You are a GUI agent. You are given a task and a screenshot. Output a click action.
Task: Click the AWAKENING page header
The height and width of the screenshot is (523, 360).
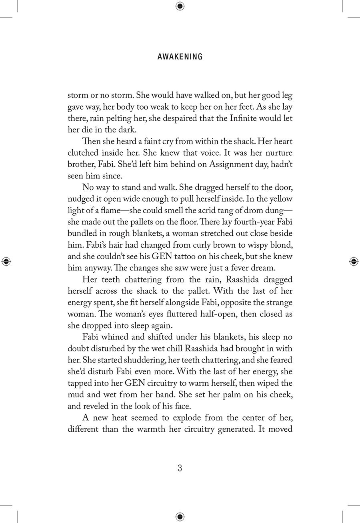tap(180, 57)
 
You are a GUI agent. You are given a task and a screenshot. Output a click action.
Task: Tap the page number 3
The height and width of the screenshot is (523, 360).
tap(180, 468)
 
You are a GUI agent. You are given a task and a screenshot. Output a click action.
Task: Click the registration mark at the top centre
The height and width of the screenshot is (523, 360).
tap(180, 6)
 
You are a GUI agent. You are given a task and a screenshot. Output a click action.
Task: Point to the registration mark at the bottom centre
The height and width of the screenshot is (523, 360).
tap(180, 516)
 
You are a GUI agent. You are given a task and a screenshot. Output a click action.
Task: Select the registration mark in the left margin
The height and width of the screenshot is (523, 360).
tap(6, 261)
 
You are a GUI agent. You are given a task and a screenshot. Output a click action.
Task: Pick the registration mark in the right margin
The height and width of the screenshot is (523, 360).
tap(354, 261)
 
